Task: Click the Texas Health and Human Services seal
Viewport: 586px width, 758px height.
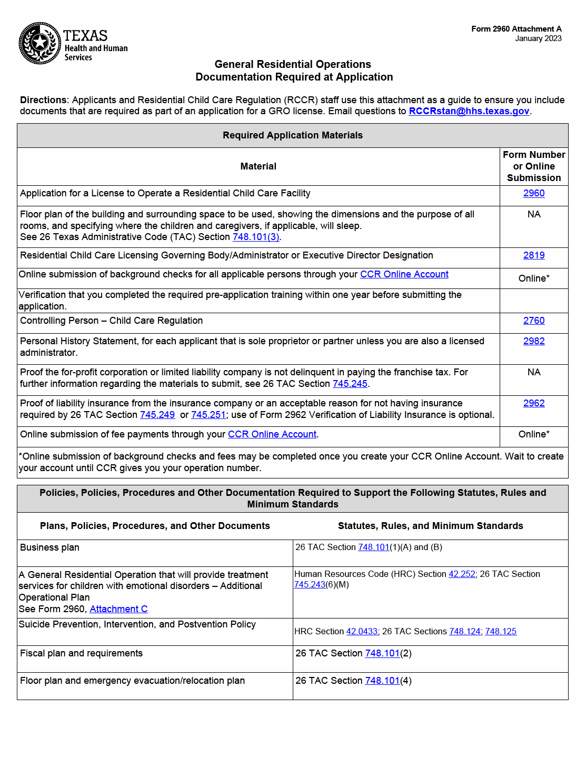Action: (x=40, y=43)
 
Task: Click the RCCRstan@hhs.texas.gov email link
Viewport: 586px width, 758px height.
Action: (x=469, y=111)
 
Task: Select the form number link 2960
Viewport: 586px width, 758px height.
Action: (x=533, y=193)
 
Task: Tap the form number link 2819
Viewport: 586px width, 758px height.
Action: (x=533, y=255)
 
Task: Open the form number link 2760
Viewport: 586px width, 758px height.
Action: (x=533, y=321)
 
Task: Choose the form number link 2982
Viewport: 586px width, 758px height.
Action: (x=533, y=341)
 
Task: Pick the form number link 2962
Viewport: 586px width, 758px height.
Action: (x=533, y=403)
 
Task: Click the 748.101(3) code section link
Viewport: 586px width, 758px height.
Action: (x=256, y=237)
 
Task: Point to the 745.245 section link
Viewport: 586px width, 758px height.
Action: (x=350, y=384)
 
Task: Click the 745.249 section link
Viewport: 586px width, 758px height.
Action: (x=157, y=415)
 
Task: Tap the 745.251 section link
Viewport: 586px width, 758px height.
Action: (x=208, y=415)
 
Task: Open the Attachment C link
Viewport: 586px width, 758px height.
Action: (x=118, y=609)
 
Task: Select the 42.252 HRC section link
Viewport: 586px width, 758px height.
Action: (x=462, y=574)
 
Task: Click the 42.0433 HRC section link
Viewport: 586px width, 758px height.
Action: (x=362, y=632)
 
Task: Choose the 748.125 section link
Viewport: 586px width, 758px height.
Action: (x=501, y=632)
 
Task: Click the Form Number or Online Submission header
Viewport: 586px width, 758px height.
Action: (x=533, y=166)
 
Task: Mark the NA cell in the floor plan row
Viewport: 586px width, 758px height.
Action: (x=533, y=214)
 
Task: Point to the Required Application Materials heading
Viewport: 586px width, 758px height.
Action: (x=292, y=135)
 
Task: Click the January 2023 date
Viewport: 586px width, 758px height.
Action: (x=538, y=38)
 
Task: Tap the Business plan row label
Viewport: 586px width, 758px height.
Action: (x=49, y=547)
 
